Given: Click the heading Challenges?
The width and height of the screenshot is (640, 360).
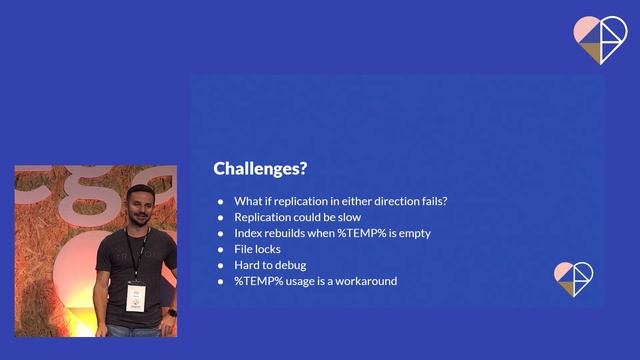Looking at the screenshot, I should pyautogui.click(x=260, y=168).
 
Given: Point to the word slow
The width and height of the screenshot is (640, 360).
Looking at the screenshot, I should pyautogui.click(x=347, y=217).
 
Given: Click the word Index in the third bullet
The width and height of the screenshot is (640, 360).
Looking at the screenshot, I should pyautogui.click(x=248, y=233).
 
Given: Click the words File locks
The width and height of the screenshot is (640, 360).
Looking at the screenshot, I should pyautogui.click(x=257, y=249).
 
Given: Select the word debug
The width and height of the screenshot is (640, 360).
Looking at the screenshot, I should pyautogui.click(x=293, y=265).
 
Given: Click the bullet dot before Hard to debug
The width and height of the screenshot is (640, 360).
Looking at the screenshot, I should pyautogui.click(x=221, y=265).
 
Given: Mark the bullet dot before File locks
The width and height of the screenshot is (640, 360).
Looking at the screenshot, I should pyautogui.click(x=221, y=249).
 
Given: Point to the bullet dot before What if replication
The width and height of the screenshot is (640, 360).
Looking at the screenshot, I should pyautogui.click(x=221, y=201).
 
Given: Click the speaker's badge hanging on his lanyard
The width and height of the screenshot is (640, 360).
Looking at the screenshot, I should pyautogui.click(x=135, y=296).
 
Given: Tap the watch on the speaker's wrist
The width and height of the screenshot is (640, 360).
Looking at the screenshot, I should pyautogui.click(x=173, y=312).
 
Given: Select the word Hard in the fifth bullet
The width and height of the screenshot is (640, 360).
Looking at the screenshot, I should pyautogui.click(x=247, y=265).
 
